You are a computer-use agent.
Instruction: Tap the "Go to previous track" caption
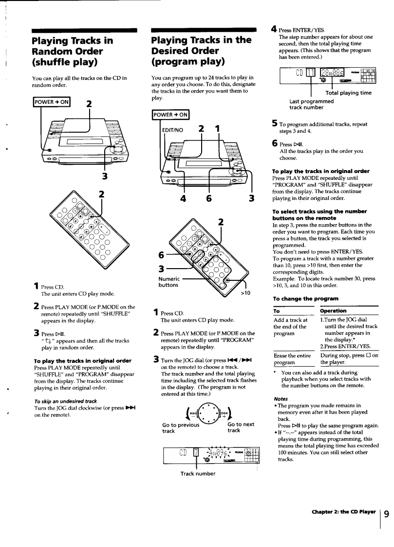tap(175, 427)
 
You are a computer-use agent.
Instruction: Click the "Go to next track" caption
tap(241, 427)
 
